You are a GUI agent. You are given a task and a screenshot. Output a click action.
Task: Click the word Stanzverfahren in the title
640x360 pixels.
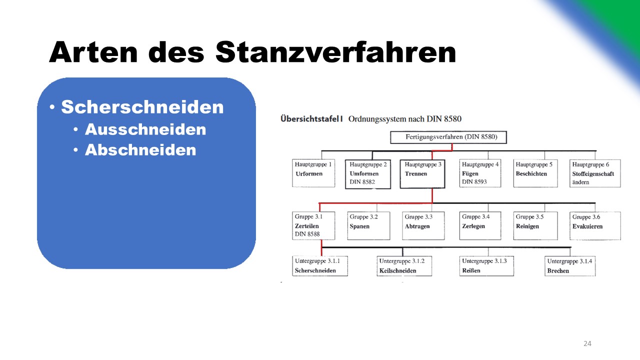[335, 52]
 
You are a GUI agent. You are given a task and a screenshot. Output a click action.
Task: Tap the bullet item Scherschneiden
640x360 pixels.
[142, 107]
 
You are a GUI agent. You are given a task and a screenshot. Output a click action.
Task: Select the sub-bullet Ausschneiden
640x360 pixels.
[145, 129]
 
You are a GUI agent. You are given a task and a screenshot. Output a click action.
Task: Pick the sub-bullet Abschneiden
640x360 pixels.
[140, 149]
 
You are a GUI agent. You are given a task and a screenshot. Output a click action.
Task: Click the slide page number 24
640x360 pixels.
[587, 343]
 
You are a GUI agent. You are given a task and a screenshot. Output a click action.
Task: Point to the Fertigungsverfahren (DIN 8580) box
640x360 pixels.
[448, 137]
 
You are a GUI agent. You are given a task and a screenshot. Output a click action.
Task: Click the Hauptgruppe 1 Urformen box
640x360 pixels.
[313, 173]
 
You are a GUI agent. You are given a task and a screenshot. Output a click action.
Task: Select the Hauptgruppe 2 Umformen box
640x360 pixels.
[368, 174]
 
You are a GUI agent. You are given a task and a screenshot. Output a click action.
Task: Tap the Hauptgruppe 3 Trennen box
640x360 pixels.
[422, 173]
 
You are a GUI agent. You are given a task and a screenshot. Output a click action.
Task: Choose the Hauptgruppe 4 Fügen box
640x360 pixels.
[480, 173]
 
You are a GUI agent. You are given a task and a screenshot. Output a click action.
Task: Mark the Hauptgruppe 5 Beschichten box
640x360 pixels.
[535, 173]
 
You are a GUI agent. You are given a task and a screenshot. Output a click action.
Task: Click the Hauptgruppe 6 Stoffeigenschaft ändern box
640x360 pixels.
[595, 173]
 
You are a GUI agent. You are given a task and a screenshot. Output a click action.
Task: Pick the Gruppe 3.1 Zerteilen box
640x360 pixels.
[313, 225]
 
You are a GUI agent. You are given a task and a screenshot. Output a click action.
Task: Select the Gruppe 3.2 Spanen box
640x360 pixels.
[368, 225]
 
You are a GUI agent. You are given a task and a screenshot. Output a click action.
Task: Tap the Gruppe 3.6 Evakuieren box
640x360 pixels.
[595, 225]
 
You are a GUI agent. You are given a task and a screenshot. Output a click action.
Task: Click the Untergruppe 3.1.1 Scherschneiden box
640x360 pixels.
[320, 265]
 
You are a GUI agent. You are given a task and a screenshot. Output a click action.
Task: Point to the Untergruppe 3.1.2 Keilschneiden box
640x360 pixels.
[404, 265]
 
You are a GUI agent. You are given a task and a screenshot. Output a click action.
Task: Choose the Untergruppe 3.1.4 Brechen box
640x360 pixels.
[570, 265]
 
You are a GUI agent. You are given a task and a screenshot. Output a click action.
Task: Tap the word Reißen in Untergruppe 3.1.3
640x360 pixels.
[471, 270]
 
